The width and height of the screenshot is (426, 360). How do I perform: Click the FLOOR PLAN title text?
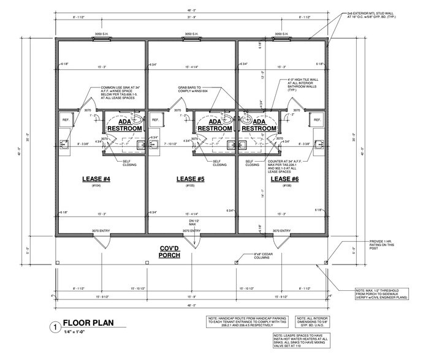pos(89,327)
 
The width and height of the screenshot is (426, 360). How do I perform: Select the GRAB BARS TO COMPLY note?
pos(195,89)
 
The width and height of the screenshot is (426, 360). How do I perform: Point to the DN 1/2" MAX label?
pos(192,222)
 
